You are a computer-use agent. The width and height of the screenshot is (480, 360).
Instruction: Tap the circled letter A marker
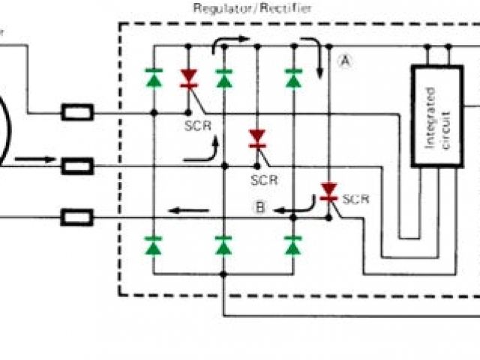(344, 61)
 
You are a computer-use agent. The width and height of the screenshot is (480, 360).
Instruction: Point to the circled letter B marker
(259, 208)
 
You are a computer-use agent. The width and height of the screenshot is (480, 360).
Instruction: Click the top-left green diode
(154, 76)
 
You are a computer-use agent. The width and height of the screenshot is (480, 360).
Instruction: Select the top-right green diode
(293, 76)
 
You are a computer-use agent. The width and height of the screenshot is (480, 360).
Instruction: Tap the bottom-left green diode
(154, 244)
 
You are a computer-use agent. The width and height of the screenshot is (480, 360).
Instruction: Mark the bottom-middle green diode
(223, 244)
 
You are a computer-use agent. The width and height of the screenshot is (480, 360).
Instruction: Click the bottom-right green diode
(293, 244)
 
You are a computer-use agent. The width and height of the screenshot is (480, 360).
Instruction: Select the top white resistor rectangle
(76, 113)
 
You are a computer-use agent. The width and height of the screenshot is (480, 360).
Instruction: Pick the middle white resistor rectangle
(76, 166)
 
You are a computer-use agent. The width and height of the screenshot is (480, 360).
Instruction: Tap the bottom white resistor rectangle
(76, 218)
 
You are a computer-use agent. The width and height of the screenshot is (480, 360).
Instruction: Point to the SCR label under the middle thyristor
(264, 180)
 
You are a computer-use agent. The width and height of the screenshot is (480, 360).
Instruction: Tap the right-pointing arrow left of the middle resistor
(34, 159)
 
